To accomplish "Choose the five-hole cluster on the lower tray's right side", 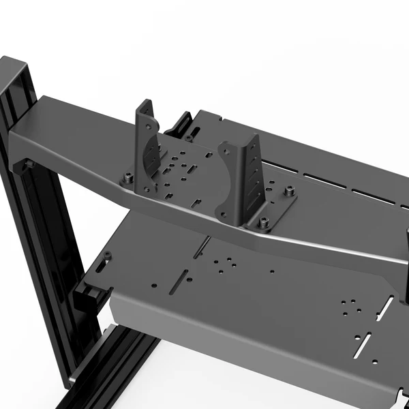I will click(349, 305).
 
